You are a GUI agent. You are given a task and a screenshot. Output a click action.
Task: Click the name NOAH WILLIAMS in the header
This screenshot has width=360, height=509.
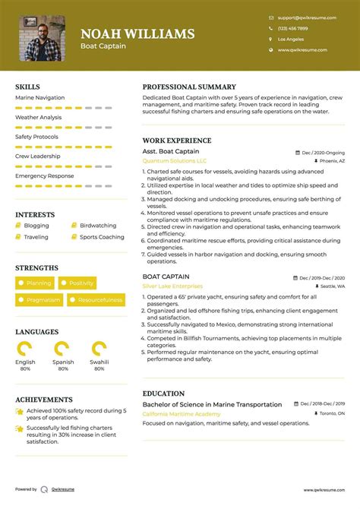[137, 33]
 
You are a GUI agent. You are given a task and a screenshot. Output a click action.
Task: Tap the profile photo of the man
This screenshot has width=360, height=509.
[42, 38]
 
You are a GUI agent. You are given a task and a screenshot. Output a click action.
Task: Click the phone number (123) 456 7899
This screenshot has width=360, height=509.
[292, 28]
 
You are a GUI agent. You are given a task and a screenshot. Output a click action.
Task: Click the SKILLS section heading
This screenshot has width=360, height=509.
[27, 87]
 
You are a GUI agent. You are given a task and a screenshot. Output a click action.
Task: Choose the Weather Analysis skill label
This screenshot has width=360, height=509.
[38, 118]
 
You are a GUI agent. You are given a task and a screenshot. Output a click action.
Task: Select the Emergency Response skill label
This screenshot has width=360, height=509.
[44, 175]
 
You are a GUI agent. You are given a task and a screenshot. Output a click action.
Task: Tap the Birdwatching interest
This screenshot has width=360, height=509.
[98, 226]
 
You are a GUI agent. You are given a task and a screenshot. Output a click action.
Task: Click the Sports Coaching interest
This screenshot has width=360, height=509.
[102, 237]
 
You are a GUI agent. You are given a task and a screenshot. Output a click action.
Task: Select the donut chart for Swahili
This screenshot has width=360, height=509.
[99, 349]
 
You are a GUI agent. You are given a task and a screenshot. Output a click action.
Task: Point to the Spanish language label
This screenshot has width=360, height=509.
[63, 362]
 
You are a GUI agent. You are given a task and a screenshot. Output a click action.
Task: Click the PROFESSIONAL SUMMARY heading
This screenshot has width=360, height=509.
[189, 87]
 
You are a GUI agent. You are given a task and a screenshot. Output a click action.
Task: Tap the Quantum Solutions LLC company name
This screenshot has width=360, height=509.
[175, 161]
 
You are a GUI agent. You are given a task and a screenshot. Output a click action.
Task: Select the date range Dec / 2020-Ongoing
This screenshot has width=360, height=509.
[323, 153]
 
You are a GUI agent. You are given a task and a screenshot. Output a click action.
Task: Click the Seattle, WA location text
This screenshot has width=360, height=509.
[332, 286]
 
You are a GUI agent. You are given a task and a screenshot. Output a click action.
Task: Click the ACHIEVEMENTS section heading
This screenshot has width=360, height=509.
[44, 400]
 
